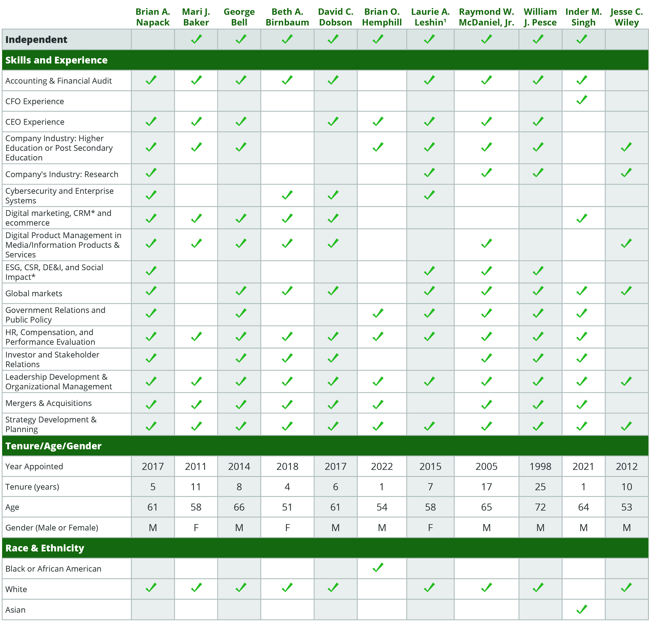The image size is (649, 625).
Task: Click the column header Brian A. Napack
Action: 153,17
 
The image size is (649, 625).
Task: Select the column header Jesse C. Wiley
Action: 626,17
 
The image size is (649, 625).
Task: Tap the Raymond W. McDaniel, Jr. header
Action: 486,17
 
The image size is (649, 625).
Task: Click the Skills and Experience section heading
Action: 56,60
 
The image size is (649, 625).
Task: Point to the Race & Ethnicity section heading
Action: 45,548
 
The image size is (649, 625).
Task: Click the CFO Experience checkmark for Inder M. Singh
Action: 582,100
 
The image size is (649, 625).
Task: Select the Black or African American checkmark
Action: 378,568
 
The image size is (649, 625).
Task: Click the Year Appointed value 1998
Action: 540,466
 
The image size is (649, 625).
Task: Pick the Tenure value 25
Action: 540,487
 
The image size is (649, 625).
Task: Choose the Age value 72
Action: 540,507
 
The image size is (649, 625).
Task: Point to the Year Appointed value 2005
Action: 486,466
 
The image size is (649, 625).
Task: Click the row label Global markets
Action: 34,293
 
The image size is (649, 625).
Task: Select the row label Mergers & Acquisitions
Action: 48,403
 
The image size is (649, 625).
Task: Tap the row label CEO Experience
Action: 35,122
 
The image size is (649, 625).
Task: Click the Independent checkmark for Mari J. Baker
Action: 196,39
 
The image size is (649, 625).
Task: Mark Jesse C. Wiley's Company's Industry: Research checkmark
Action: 626,173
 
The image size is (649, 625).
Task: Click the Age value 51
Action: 287,507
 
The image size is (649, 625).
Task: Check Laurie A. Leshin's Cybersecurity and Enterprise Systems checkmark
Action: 430,195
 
